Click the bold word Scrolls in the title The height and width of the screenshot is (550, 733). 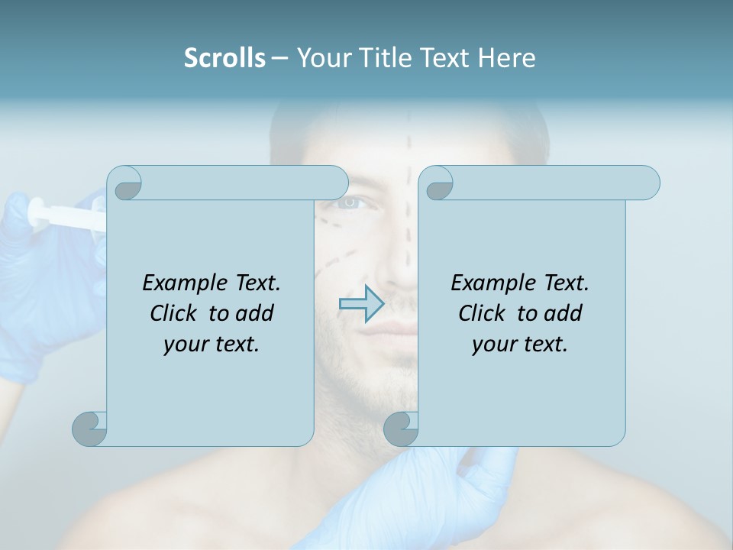[x=224, y=58]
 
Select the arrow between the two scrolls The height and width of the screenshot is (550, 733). [x=360, y=304]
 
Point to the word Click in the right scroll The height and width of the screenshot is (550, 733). [x=483, y=313]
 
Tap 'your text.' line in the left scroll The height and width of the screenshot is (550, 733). [x=212, y=345]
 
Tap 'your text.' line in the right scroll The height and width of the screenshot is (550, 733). [x=520, y=345]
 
